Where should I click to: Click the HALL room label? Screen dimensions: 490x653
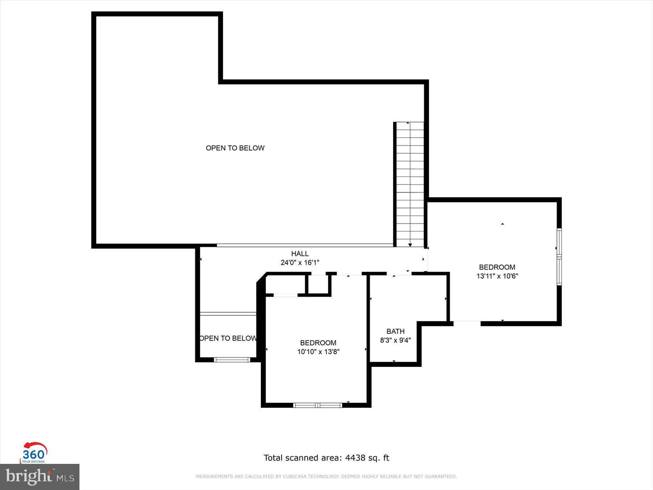click(x=300, y=254)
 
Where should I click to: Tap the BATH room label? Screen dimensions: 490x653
click(x=395, y=331)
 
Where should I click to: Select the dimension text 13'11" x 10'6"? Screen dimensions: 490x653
click(x=497, y=276)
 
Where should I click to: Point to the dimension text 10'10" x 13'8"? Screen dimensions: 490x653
click(x=318, y=351)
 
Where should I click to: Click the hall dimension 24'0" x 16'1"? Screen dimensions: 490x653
click(x=300, y=262)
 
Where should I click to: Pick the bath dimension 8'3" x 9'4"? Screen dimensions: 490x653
click(x=395, y=340)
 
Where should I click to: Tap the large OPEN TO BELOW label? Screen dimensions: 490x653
click(x=235, y=148)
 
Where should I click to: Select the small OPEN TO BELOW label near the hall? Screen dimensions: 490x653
click(x=228, y=338)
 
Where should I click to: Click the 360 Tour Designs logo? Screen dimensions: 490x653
click(x=34, y=453)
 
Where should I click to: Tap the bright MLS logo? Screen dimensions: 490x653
click(x=40, y=476)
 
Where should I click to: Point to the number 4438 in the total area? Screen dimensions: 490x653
click(x=355, y=458)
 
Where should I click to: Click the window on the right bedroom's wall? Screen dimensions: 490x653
click(x=559, y=257)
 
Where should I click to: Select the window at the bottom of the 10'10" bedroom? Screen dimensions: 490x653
click(x=317, y=405)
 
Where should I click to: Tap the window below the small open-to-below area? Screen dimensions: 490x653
click(x=232, y=360)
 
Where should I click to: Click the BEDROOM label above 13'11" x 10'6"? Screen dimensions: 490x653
click(x=497, y=267)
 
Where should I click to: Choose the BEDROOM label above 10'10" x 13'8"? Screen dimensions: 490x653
click(x=318, y=343)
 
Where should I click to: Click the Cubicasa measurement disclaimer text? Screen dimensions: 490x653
click(x=326, y=477)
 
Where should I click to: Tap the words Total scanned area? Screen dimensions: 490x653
click(x=303, y=458)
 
